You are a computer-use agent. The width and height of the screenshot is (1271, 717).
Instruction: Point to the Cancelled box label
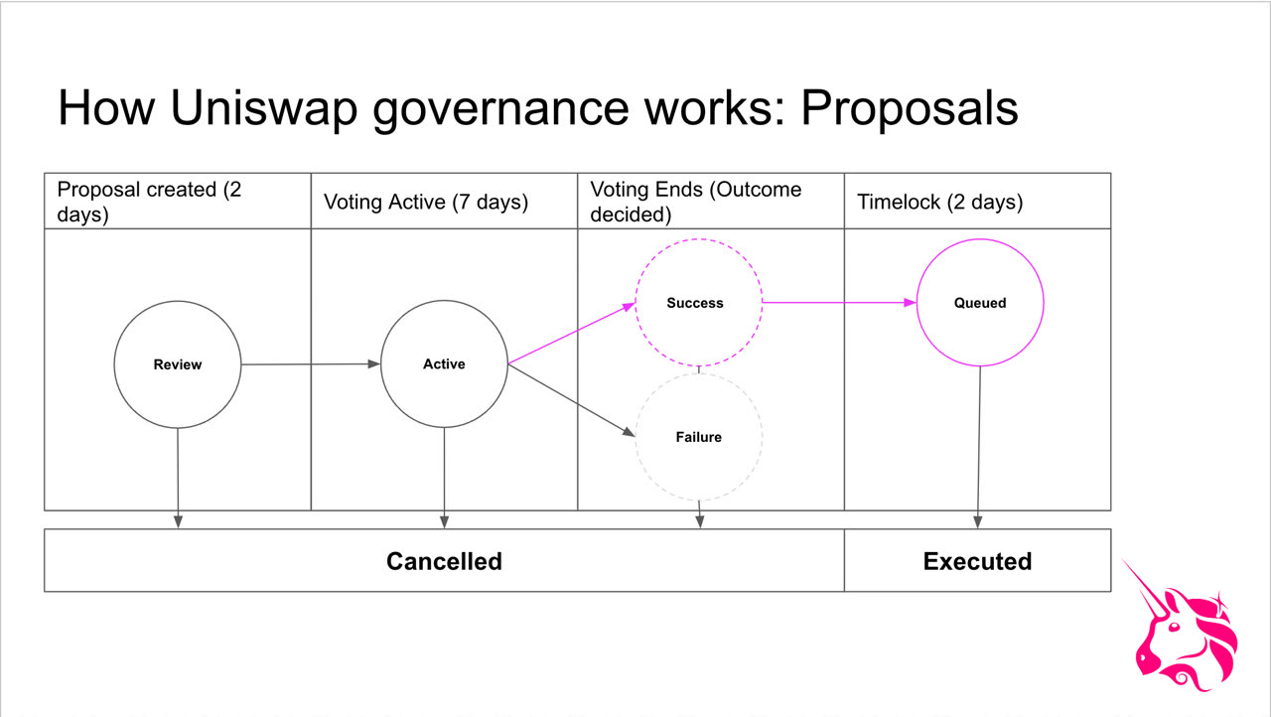(x=444, y=561)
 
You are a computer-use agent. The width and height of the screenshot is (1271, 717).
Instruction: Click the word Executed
(x=977, y=561)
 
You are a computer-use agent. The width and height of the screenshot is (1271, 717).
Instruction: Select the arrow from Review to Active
(x=311, y=364)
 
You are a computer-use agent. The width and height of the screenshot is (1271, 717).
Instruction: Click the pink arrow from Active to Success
(x=571, y=333)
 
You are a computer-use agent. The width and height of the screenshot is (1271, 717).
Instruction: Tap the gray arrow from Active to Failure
(x=571, y=400)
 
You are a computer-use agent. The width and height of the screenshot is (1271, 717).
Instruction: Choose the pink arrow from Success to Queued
(x=839, y=302)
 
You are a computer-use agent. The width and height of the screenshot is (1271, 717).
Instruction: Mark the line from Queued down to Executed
(x=979, y=447)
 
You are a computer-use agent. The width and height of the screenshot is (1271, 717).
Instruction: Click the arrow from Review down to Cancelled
(x=178, y=479)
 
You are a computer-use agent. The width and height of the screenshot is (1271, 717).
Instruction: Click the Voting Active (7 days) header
(x=426, y=202)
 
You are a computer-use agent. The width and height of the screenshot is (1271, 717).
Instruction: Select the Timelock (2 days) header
(x=939, y=202)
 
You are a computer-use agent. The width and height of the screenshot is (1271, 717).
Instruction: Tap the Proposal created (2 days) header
(x=149, y=202)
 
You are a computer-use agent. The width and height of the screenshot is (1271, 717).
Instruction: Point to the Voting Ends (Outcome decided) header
(x=696, y=202)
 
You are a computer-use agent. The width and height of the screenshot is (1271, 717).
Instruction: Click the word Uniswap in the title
(x=264, y=107)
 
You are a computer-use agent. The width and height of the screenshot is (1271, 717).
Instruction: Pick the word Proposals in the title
(x=909, y=107)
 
